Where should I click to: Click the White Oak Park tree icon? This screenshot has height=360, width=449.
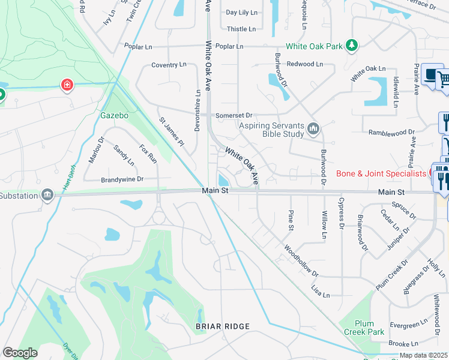pyautogui.click(x=352, y=46)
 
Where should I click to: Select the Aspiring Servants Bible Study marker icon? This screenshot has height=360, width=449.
pyautogui.click(x=313, y=129)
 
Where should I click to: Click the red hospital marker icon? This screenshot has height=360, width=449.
pyautogui.click(x=67, y=85)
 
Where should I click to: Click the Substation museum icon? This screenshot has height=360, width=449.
pyautogui.click(x=47, y=195)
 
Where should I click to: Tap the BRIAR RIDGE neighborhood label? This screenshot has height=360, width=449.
pyautogui.click(x=222, y=326)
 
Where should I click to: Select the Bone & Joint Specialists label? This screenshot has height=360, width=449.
pyautogui.click(x=381, y=174)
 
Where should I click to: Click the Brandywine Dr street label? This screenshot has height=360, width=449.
pyautogui.click(x=122, y=179)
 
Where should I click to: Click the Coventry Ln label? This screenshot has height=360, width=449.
pyautogui.click(x=169, y=65)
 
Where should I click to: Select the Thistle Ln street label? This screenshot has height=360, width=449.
pyautogui.click(x=241, y=29)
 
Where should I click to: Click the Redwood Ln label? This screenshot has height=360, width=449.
pyautogui.click(x=305, y=64)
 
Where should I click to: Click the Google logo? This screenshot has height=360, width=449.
pyautogui.click(x=20, y=353)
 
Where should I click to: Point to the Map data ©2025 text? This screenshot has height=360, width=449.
pyautogui.click(x=423, y=355)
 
